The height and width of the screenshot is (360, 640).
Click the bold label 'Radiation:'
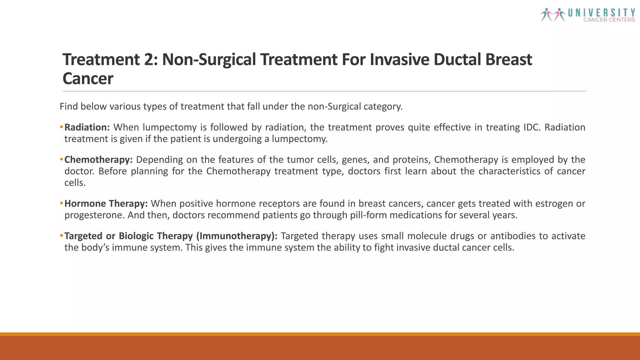tap(87, 127)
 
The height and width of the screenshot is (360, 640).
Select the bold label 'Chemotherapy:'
tap(98, 160)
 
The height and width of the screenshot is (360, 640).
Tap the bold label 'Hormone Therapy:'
tap(106, 204)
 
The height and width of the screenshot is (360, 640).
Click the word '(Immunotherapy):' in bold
tap(237, 236)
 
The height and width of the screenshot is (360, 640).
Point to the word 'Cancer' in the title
tap(88, 78)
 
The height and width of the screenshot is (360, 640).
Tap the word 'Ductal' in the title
tap(457, 59)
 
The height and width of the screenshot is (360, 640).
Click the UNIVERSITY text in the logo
tap(602, 13)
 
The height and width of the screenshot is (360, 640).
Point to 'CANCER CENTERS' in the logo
tap(609, 20)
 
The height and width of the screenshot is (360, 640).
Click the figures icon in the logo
tap(553, 14)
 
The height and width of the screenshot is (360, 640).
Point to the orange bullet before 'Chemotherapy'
tap(61, 160)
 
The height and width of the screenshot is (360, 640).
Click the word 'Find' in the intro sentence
tap(69, 107)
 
